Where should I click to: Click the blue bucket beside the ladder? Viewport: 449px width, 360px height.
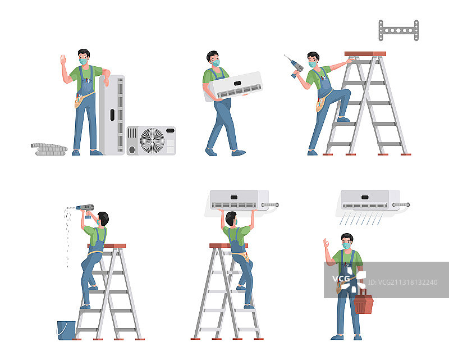click(66, 330)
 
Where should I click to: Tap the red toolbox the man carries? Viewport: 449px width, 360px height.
click(363, 303)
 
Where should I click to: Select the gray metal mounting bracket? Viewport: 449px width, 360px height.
click(398, 30)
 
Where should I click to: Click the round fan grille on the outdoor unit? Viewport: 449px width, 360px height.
click(152, 140)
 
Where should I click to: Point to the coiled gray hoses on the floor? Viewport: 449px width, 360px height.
click(49, 149)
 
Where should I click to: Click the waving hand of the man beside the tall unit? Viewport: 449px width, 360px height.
click(63, 60)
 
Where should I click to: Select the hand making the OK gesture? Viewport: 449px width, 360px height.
click(326, 244)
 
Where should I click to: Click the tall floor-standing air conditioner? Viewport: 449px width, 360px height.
click(112, 115)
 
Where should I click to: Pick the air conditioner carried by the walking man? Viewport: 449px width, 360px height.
click(233, 86)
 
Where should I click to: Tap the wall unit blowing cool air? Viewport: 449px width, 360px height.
click(368, 200)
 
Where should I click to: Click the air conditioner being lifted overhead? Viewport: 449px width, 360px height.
click(240, 200)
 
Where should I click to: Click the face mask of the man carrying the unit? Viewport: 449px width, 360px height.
click(216, 62)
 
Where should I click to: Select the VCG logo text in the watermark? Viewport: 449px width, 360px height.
click(341, 279)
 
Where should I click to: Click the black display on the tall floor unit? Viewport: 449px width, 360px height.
click(112, 115)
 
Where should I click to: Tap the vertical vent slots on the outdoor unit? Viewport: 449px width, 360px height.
click(132, 133)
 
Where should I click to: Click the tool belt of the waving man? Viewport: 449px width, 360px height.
click(81, 99)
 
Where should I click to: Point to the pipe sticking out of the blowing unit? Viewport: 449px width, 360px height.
click(401, 204)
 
